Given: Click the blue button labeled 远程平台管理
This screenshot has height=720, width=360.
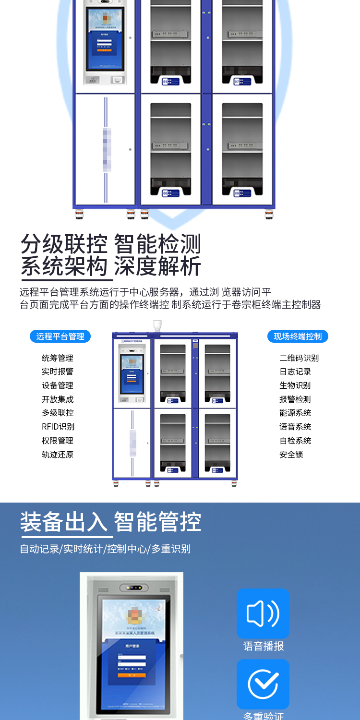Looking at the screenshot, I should (x=60, y=336).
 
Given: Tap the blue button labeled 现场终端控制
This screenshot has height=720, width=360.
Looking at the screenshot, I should (x=298, y=336).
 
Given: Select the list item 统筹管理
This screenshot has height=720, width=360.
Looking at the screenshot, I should (x=58, y=358).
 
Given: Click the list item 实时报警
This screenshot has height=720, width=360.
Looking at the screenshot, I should (x=58, y=372).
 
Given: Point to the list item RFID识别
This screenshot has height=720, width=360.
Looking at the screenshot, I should (x=58, y=427).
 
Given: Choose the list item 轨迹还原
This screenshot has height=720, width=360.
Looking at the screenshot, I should (x=58, y=455).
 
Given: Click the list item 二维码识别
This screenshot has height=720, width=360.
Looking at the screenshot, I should (x=299, y=358).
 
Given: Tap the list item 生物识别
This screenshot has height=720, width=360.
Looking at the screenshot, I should (x=295, y=385).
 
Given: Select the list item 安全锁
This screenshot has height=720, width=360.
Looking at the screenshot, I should (x=291, y=455).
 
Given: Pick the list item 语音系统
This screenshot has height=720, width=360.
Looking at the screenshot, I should (x=295, y=427).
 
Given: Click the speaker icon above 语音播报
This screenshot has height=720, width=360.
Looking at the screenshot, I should (x=263, y=613).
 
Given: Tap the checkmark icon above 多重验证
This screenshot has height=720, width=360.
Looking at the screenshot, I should (x=263, y=684).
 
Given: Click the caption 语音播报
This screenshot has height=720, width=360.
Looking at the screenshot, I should (x=264, y=646).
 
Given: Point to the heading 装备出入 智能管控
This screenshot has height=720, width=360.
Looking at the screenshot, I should (x=110, y=522).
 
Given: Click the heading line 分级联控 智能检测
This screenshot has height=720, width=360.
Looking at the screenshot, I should (x=110, y=244).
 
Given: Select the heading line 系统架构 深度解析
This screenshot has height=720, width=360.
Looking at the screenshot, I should (x=110, y=267).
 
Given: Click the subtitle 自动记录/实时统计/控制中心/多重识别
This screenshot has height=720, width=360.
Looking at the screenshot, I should (x=105, y=549).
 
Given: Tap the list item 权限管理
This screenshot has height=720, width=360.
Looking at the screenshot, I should (x=58, y=441).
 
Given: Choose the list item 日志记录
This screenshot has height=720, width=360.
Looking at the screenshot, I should (x=295, y=372).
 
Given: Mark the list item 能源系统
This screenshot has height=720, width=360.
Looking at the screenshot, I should (x=295, y=413).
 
